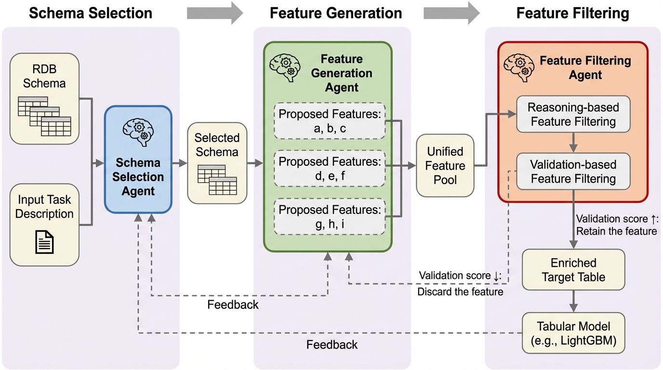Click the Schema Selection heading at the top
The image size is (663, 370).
90,13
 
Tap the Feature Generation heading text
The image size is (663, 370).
336,13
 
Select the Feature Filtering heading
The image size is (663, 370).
572,13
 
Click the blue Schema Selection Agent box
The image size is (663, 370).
138,159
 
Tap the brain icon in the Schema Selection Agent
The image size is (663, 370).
138,130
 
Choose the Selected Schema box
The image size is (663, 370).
217,161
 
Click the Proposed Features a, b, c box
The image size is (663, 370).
330,121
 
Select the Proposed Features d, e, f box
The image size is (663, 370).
330,169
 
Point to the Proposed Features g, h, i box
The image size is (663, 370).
330,216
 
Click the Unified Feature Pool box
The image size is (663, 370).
445,166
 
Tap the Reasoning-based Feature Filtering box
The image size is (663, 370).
573,114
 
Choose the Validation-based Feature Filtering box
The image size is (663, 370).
573,172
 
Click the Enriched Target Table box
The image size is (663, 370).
573,270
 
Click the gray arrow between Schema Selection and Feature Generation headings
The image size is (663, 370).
215,13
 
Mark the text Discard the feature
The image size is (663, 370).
460,291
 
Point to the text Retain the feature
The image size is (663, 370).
617,231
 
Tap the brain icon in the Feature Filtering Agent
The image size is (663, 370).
518,65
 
